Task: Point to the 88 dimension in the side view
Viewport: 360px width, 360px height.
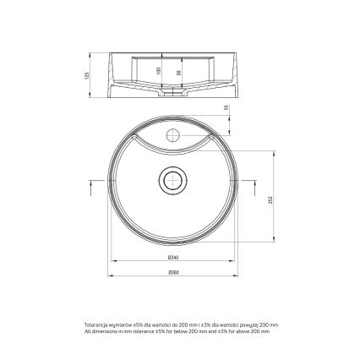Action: point(178,73)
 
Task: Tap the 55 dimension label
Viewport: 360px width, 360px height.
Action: point(227,108)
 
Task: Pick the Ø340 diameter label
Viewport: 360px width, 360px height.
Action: point(172,256)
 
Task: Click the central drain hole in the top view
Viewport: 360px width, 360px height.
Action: point(172,179)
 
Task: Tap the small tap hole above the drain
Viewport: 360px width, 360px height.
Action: point(172,134)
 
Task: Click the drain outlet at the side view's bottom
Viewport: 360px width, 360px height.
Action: point(172,95)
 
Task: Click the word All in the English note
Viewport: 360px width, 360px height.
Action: point(87,331)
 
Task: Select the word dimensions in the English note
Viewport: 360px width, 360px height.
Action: point(101,331)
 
